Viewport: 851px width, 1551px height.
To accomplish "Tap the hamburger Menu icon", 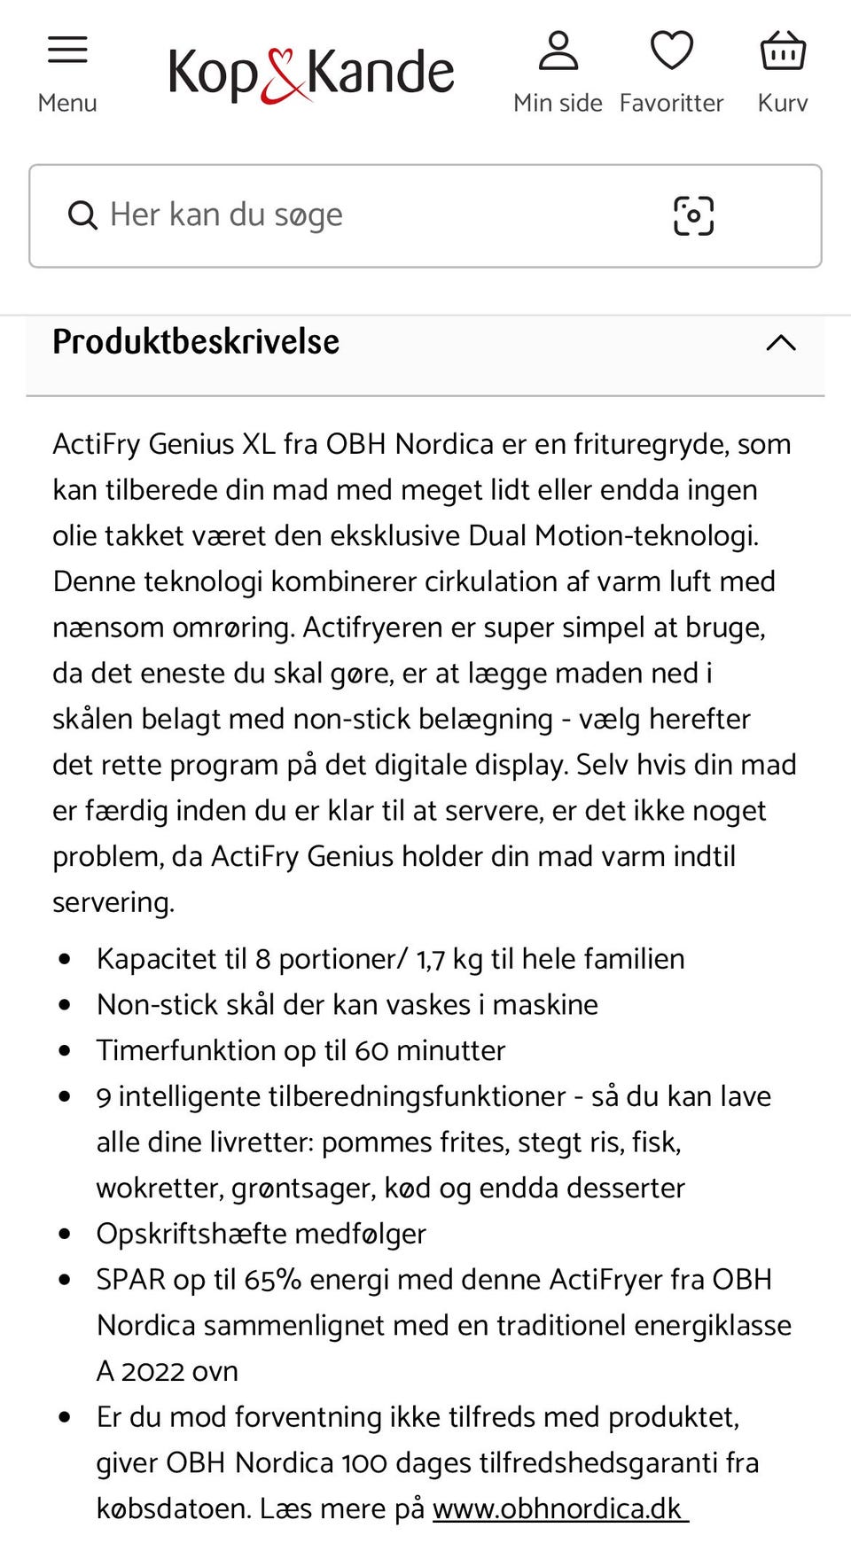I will pyautogui.click(x=67, y=50).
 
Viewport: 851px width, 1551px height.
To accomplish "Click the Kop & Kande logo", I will pyautogui.click(x=311, y=73).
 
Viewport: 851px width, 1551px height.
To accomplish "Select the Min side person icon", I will pyautogui.click(x=558, y=51).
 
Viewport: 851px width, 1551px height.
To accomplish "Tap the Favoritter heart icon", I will pyautogui.click(x=671, y=51).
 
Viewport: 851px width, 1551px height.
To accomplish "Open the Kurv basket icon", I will pyautogui.click(x=783, y=51).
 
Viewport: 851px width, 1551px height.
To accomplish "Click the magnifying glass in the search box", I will pyautogui.click(x=82, y=215).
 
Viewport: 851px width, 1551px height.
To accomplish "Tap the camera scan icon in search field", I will pyautogui.click(x=693, y=215).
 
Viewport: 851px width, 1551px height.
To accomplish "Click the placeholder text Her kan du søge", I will pyautogui.click(x=226, y=214).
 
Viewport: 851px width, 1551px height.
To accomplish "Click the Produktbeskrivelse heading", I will pyautogui.click(x=196, y=342).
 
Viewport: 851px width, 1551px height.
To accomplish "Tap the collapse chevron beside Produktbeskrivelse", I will pyautogui.click(x=780, y=343).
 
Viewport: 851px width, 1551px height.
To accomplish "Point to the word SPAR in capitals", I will pyautogui.click(x=131, y=1280).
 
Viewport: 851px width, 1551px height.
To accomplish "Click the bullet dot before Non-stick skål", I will pyautogui.click(x=65, y=1005).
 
